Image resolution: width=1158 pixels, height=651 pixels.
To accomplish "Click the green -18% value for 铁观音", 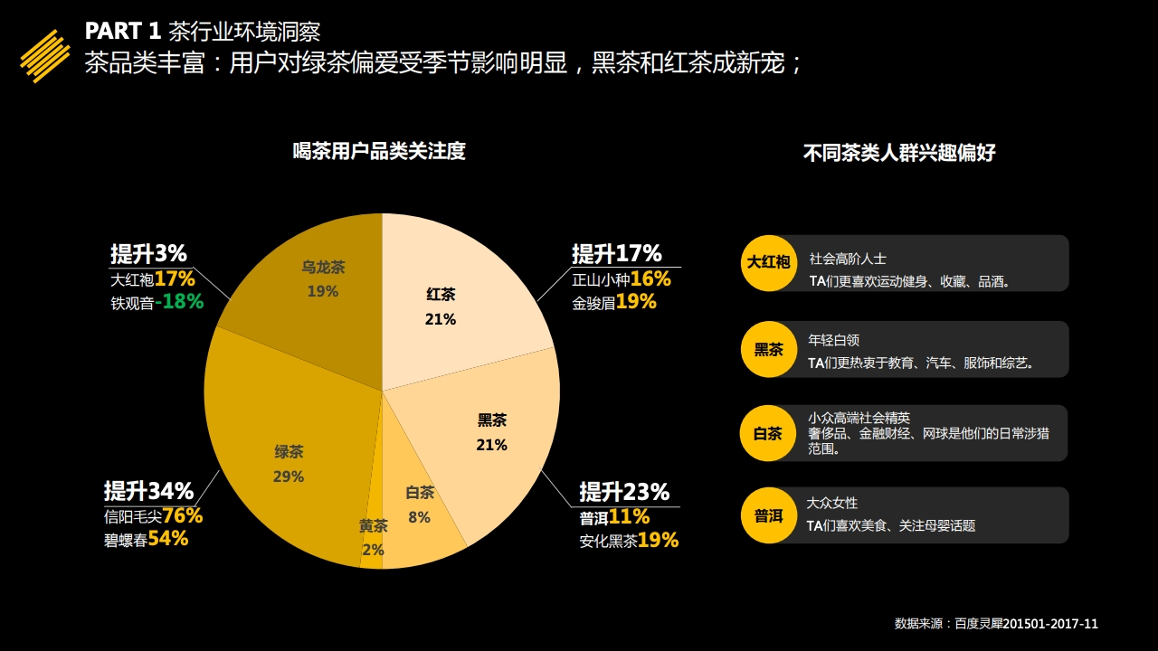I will (179, 303).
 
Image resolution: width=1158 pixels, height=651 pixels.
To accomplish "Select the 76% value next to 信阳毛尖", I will (183, 516).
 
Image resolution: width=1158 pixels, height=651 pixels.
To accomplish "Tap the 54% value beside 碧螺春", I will (168, 539).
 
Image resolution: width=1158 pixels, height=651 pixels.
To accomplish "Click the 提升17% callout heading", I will (617, 254).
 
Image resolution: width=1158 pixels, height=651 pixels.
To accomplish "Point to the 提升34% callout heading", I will (148, 492).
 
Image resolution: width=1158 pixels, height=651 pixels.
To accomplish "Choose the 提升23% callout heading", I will (624, 493).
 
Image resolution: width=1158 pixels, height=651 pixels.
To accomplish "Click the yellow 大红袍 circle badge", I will (768, 263).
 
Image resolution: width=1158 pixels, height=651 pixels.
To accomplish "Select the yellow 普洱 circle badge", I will (768, 516).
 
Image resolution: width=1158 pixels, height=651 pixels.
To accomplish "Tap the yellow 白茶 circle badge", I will (768, 433).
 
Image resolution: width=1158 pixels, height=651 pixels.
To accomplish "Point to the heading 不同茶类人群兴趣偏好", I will (899, 153).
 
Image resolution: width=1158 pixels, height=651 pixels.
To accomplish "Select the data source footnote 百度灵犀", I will (996, 624).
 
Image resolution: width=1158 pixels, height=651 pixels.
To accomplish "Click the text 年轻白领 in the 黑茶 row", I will (833, 341).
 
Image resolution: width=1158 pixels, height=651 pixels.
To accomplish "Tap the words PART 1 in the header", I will (123, 32).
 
